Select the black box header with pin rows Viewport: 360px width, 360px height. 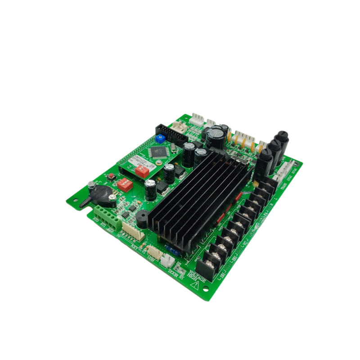pyautogui.click(x=173, y=131)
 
